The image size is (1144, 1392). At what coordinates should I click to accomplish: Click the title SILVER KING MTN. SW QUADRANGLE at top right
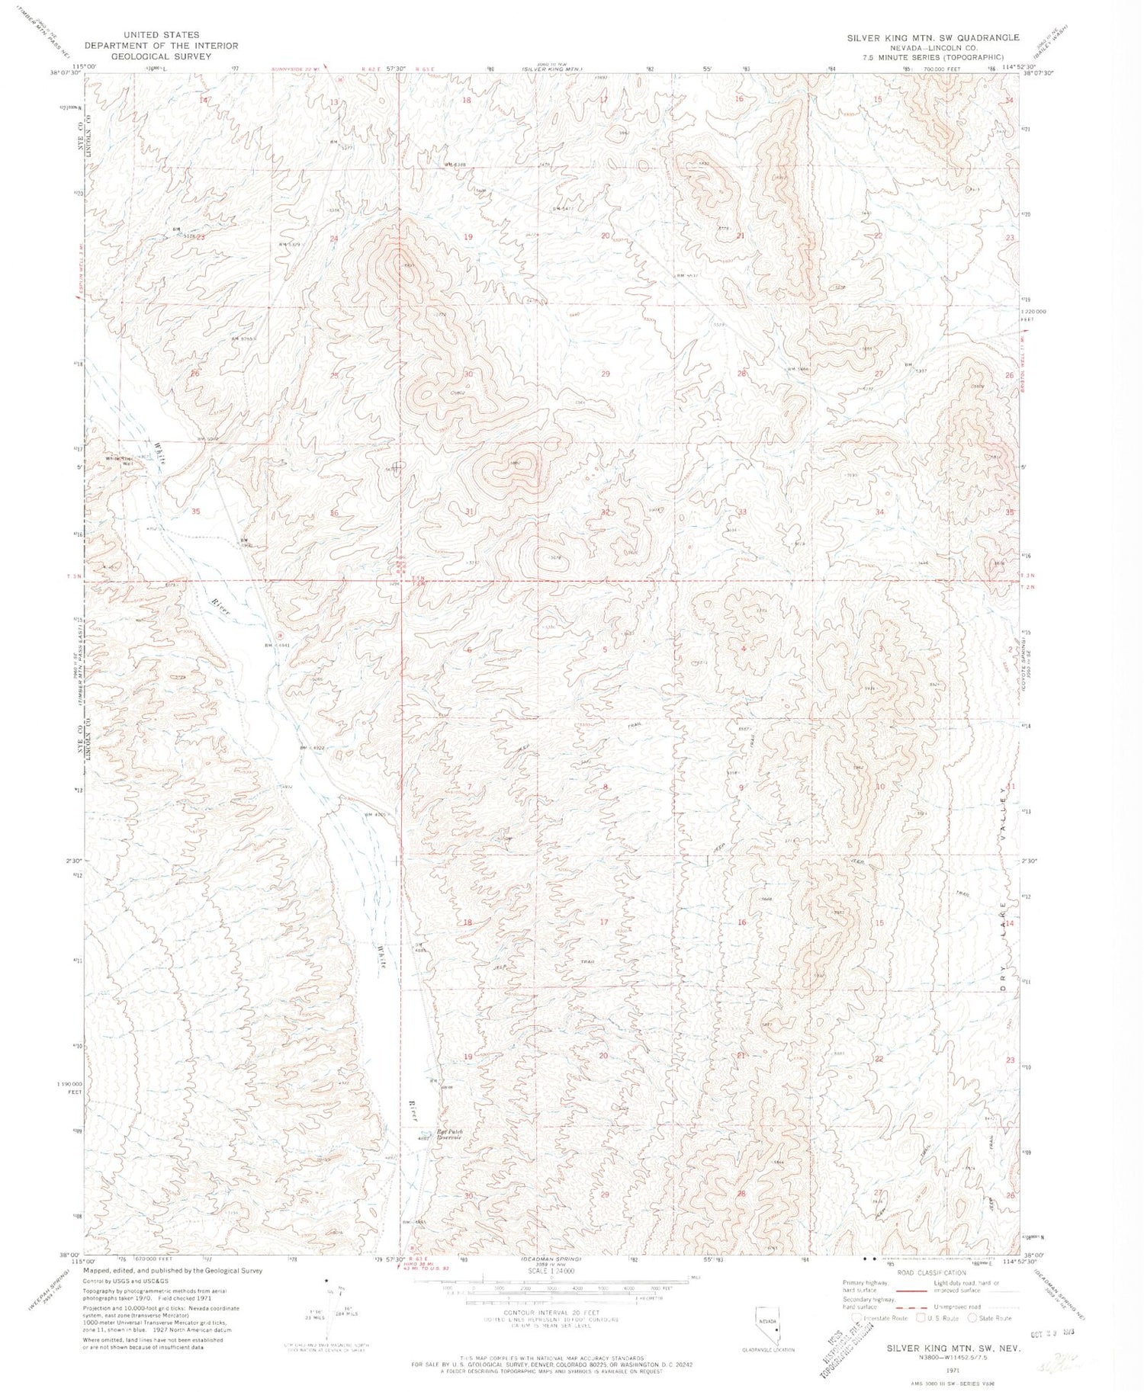tap(933, 37)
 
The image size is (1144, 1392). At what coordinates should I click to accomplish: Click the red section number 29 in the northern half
tap(606, 374)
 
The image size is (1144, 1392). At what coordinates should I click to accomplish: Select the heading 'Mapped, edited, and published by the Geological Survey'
tap(172, 1271)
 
